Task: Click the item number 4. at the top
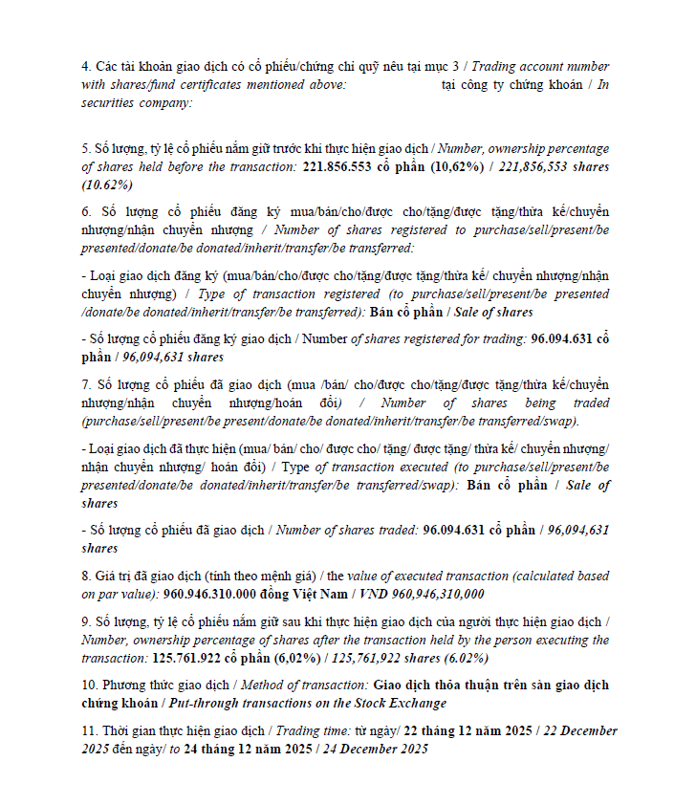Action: click(x=87, y=67)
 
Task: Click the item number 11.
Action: click(x=91, y=731)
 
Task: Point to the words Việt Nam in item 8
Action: click(x=328, y=594)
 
